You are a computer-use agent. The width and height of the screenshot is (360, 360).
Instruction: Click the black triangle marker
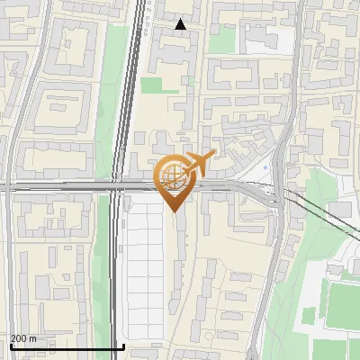(181, 24)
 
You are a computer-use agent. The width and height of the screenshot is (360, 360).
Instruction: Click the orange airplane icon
(199, 164)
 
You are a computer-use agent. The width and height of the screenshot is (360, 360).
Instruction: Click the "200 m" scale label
(23, 338)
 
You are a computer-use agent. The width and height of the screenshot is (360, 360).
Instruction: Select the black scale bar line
(67, 347)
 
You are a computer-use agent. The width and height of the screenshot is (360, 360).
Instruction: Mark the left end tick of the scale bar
(10, 346)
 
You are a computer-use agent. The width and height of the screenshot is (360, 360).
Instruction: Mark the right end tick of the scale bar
(123, 346)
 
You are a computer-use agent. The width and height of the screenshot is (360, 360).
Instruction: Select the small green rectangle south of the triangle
(152, 85)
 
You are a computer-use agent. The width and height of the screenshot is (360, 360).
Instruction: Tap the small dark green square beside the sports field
(310, 316)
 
